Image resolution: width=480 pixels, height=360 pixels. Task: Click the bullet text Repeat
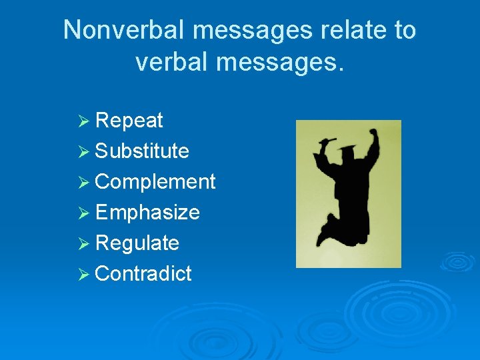(129, 121)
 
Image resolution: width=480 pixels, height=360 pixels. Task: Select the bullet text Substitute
(142, 151)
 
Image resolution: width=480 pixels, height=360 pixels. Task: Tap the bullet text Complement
(155, 182)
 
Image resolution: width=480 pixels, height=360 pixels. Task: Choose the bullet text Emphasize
(147, 213)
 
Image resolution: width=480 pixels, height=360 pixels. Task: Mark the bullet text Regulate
(137, 243)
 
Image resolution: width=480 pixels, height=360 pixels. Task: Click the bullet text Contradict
(143, 274)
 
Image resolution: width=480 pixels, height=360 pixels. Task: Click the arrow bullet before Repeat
(83, 121)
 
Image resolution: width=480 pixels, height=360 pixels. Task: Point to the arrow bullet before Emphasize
(83, 213)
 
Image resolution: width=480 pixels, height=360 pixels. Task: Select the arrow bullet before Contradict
(83, 275)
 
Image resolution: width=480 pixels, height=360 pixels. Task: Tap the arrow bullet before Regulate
(83, 244)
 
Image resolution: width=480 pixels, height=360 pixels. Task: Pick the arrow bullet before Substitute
(83, 152)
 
